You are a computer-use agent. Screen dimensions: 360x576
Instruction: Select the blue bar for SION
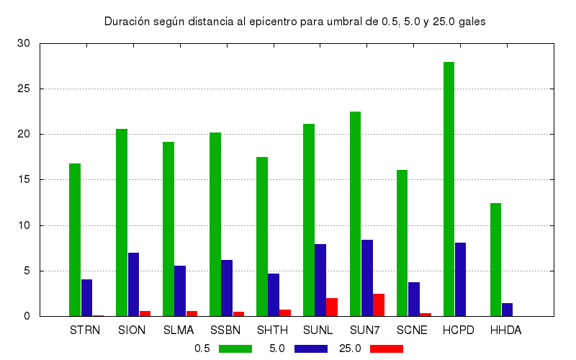pos(133,284)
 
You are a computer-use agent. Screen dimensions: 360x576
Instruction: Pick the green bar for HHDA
pos(496,259)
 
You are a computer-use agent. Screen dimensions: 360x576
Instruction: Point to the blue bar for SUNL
pos(320,280)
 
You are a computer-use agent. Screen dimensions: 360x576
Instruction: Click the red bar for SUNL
pos(332,307)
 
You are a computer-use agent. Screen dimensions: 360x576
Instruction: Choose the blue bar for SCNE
pos(414,299)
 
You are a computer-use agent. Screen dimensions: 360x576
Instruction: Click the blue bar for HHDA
pos(508,310)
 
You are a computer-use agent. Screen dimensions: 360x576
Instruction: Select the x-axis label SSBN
pos(226,330)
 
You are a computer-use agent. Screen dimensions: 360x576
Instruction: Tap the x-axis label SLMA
pos(179,330)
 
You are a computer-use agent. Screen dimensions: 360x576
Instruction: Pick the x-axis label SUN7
pos(366,330)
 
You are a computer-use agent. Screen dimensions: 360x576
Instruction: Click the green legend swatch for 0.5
pos(235,348)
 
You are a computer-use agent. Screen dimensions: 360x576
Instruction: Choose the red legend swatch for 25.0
pos(387,348)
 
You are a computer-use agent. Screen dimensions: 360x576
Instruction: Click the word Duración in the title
pos(126,22)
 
